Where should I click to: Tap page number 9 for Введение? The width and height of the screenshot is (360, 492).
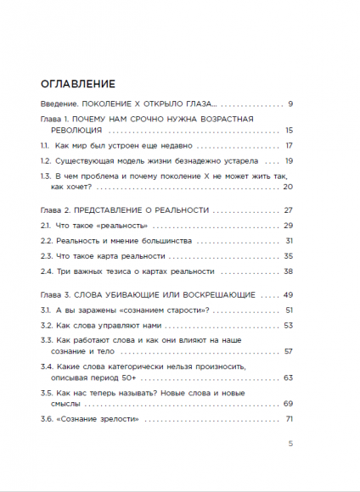point(290,103)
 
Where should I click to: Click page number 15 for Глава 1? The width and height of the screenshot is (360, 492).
point(289,131)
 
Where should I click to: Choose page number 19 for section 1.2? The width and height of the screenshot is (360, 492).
point(289,160)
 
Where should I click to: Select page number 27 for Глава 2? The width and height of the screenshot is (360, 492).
point(288,210)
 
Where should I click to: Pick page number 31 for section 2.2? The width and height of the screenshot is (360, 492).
point(289,241)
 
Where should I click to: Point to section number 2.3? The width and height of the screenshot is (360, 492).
point(48,255)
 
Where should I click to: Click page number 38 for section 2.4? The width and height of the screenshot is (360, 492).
point(288,271)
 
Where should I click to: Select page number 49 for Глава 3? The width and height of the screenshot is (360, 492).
point(288,295)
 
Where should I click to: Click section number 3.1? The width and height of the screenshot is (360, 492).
point(47,310)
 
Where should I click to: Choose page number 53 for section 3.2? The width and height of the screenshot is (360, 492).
point(289,325)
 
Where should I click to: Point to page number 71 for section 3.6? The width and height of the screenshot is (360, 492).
point(289,419)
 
